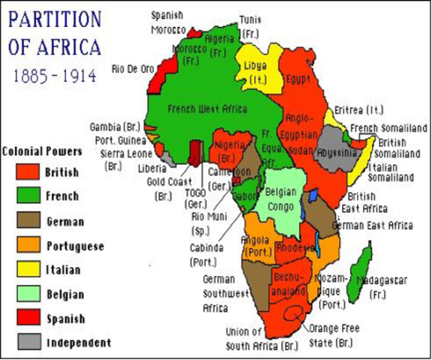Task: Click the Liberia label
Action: pos(152,169)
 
